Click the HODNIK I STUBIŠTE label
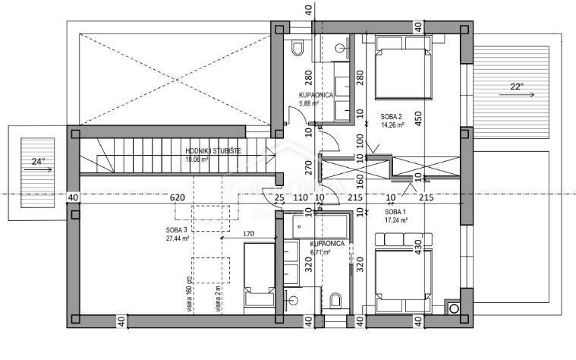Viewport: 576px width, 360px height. [213, 151]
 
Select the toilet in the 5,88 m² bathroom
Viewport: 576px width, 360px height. [298, 50]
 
